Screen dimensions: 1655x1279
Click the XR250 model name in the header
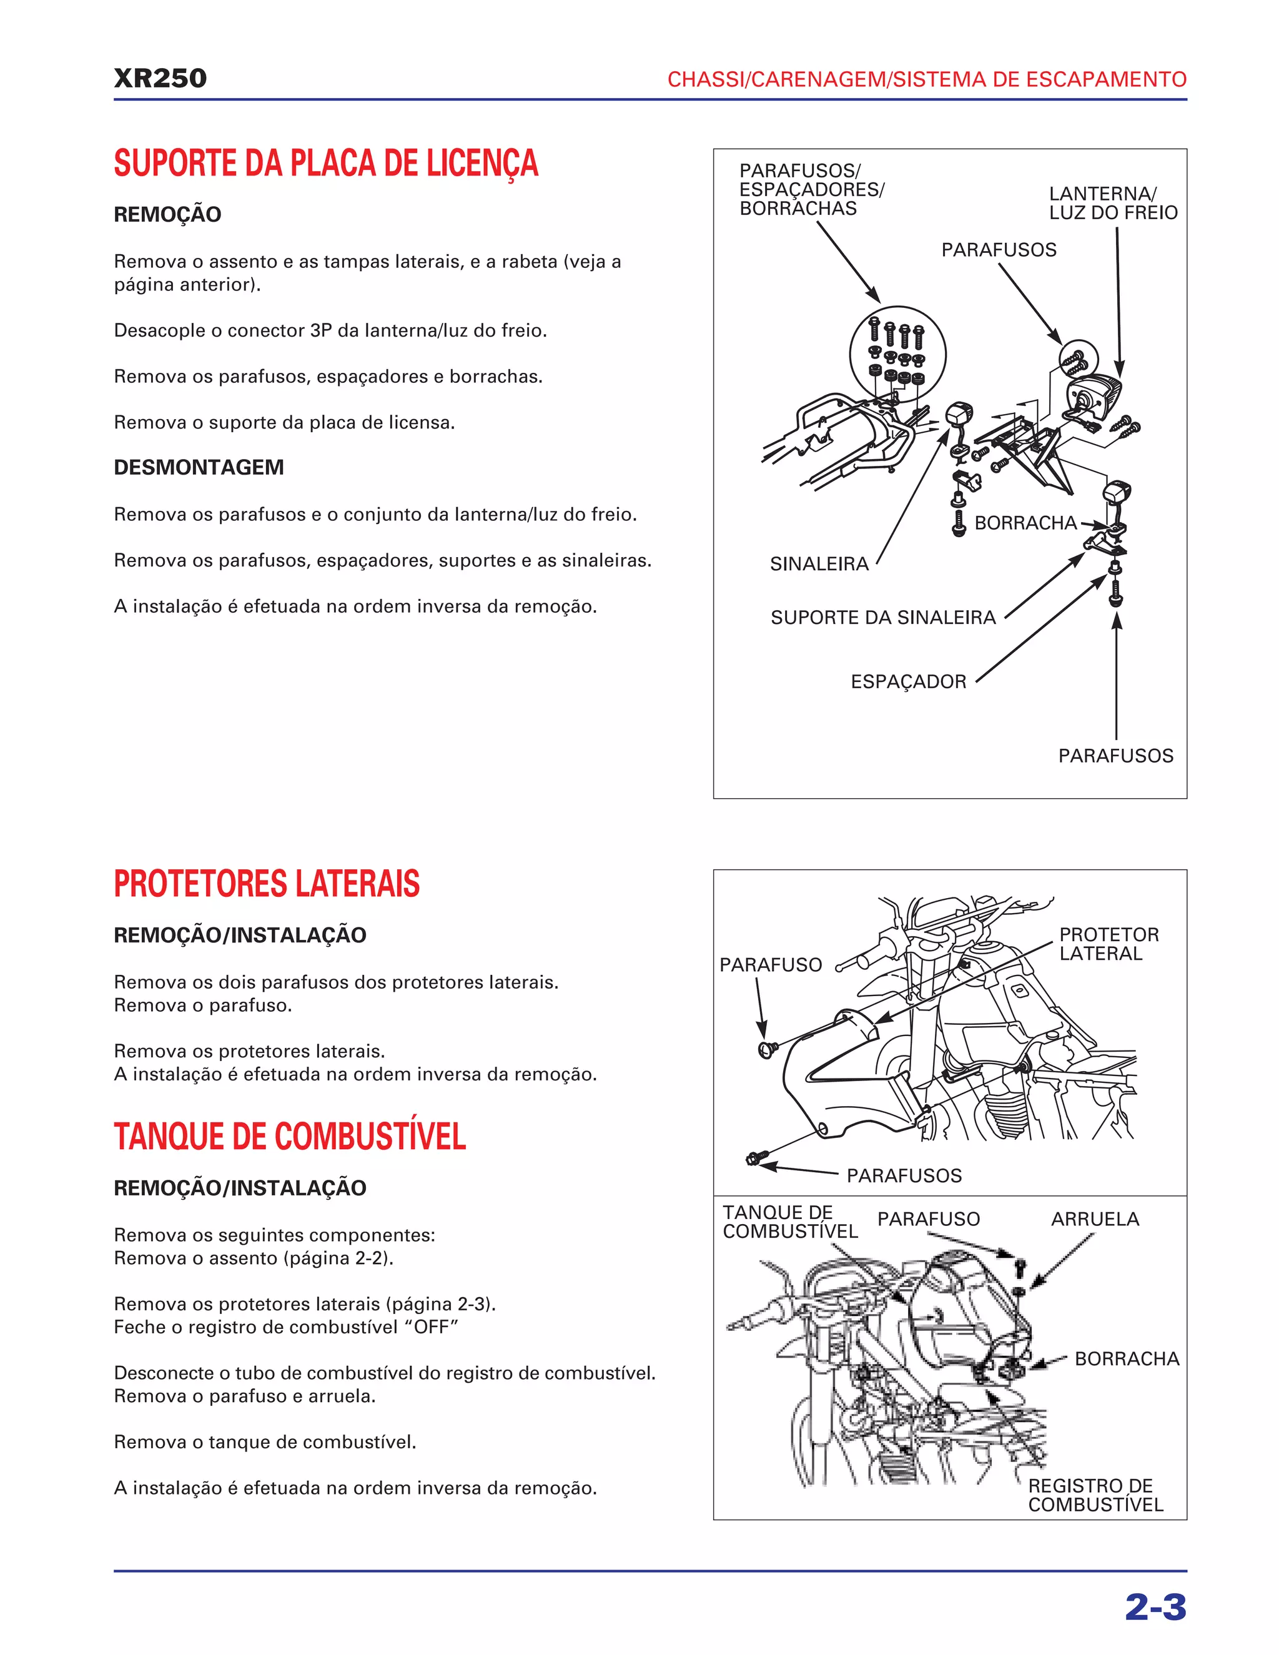(160, 79)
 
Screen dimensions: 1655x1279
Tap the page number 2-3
(1155, 1606)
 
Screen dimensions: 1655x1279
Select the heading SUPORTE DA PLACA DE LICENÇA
(326, 164)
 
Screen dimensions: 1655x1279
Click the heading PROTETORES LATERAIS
(267, 884)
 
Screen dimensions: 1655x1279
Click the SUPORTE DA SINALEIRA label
(882, 618)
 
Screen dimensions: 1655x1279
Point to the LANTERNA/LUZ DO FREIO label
(1112, 203)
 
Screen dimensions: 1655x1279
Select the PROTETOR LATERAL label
(1109, 944)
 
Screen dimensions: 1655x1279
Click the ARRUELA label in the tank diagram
(1094, 1219)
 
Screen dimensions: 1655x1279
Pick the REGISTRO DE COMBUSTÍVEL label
(1094, 1494)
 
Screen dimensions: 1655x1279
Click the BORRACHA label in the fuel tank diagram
(1126, 1359)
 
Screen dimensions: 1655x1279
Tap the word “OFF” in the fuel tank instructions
(432, 1327)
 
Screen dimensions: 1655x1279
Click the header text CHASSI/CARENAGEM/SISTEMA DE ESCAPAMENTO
(926, 79)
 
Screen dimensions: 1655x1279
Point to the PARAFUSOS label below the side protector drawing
(903, 1175)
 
